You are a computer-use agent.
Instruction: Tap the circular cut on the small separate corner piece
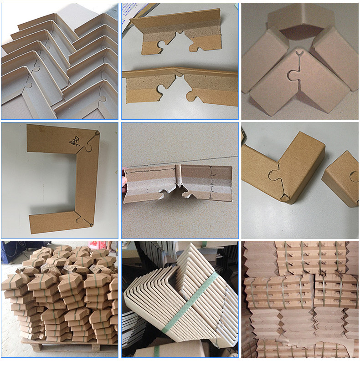tap(354, 176)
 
